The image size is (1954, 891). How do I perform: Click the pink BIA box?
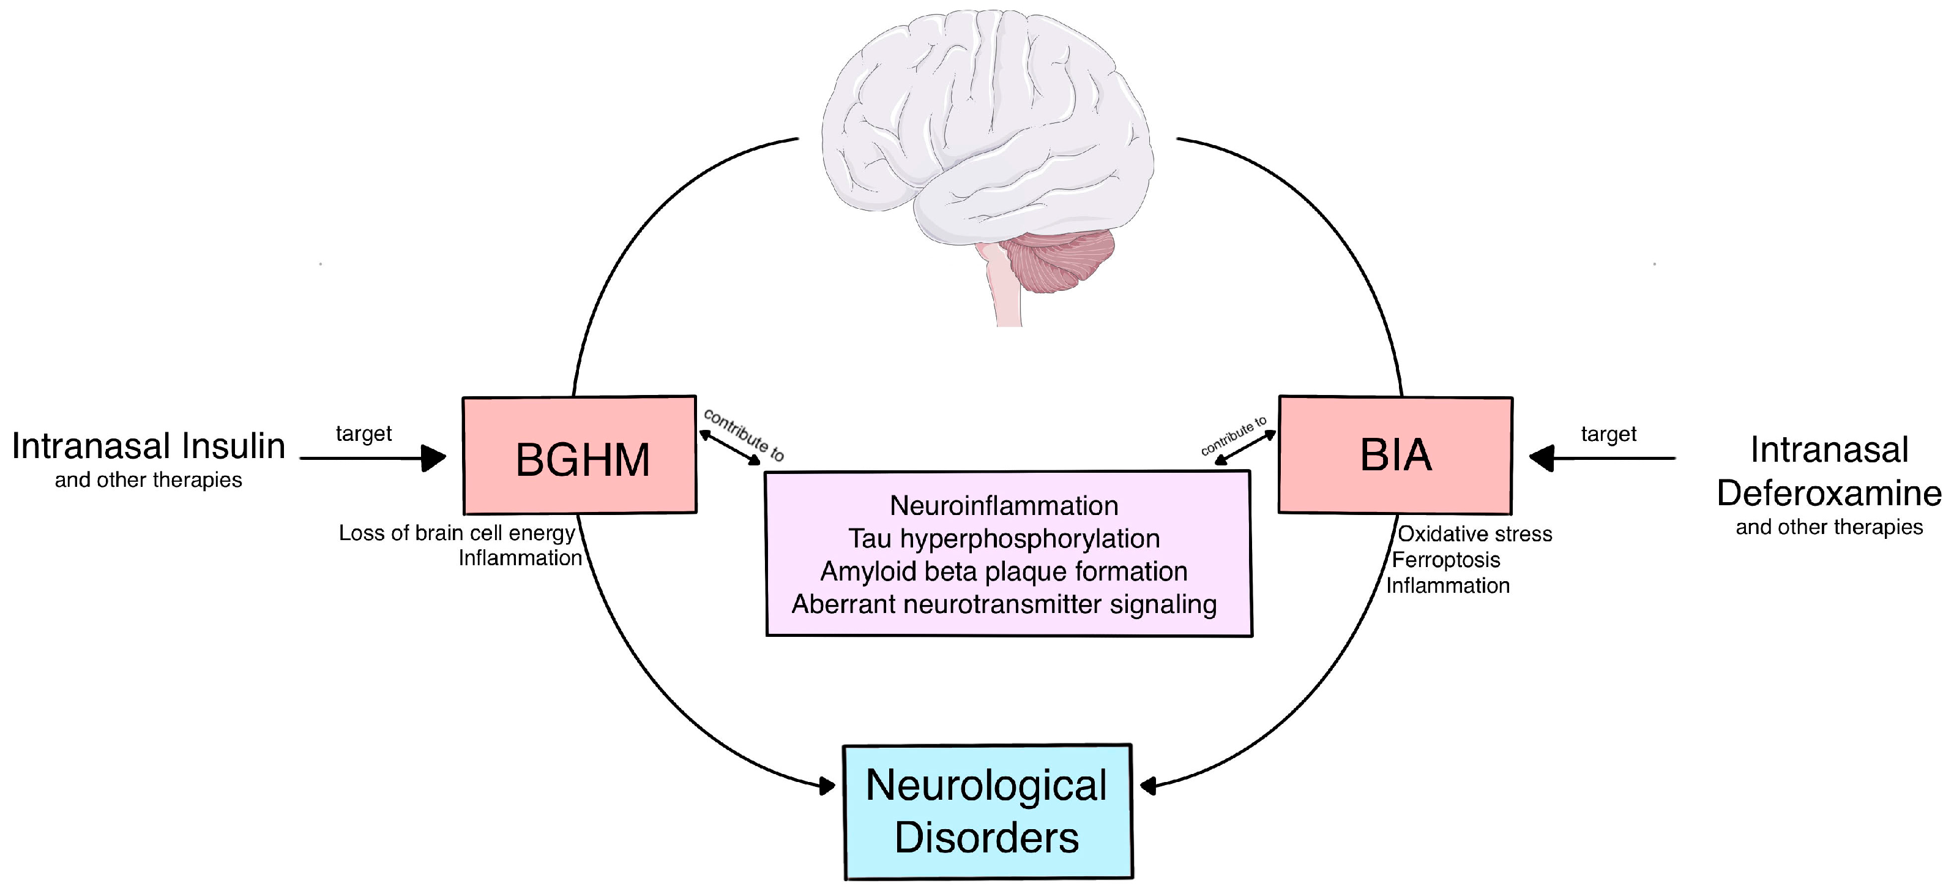(1396, 454)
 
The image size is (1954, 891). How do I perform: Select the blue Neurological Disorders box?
(988, 812)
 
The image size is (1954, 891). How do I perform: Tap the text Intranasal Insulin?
(149, 446)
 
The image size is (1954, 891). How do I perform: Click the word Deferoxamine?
(1829, 494)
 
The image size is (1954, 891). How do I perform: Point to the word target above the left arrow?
(364, 434)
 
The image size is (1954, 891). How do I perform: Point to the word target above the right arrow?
(1608, 434)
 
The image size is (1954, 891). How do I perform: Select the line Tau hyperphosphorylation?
(1004, 538)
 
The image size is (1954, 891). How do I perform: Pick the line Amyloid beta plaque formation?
(1004, 571)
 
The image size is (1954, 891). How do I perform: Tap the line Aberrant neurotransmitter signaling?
(1004, 604)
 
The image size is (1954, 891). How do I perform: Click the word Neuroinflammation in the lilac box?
(1004, 505)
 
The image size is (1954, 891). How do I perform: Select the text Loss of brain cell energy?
(457, 533)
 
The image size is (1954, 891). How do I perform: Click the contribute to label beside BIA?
(1233, 435)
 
